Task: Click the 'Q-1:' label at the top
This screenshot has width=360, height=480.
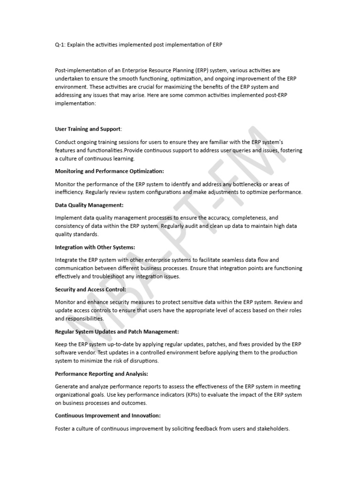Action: click(61, 45)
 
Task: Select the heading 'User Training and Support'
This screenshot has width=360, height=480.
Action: click(88, 128)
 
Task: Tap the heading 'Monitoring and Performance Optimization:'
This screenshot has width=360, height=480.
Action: click(110, 172)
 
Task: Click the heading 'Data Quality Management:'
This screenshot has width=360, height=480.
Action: click(89, 205)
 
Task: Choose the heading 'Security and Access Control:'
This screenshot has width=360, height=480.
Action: click(90, 289)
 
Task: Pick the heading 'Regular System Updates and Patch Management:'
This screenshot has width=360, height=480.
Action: click(117, 331)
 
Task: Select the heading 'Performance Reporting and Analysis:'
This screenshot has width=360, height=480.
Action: click(102, 374)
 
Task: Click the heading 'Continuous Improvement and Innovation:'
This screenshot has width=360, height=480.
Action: click(108, 415)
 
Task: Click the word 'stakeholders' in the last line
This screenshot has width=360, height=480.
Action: click(272, 428)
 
